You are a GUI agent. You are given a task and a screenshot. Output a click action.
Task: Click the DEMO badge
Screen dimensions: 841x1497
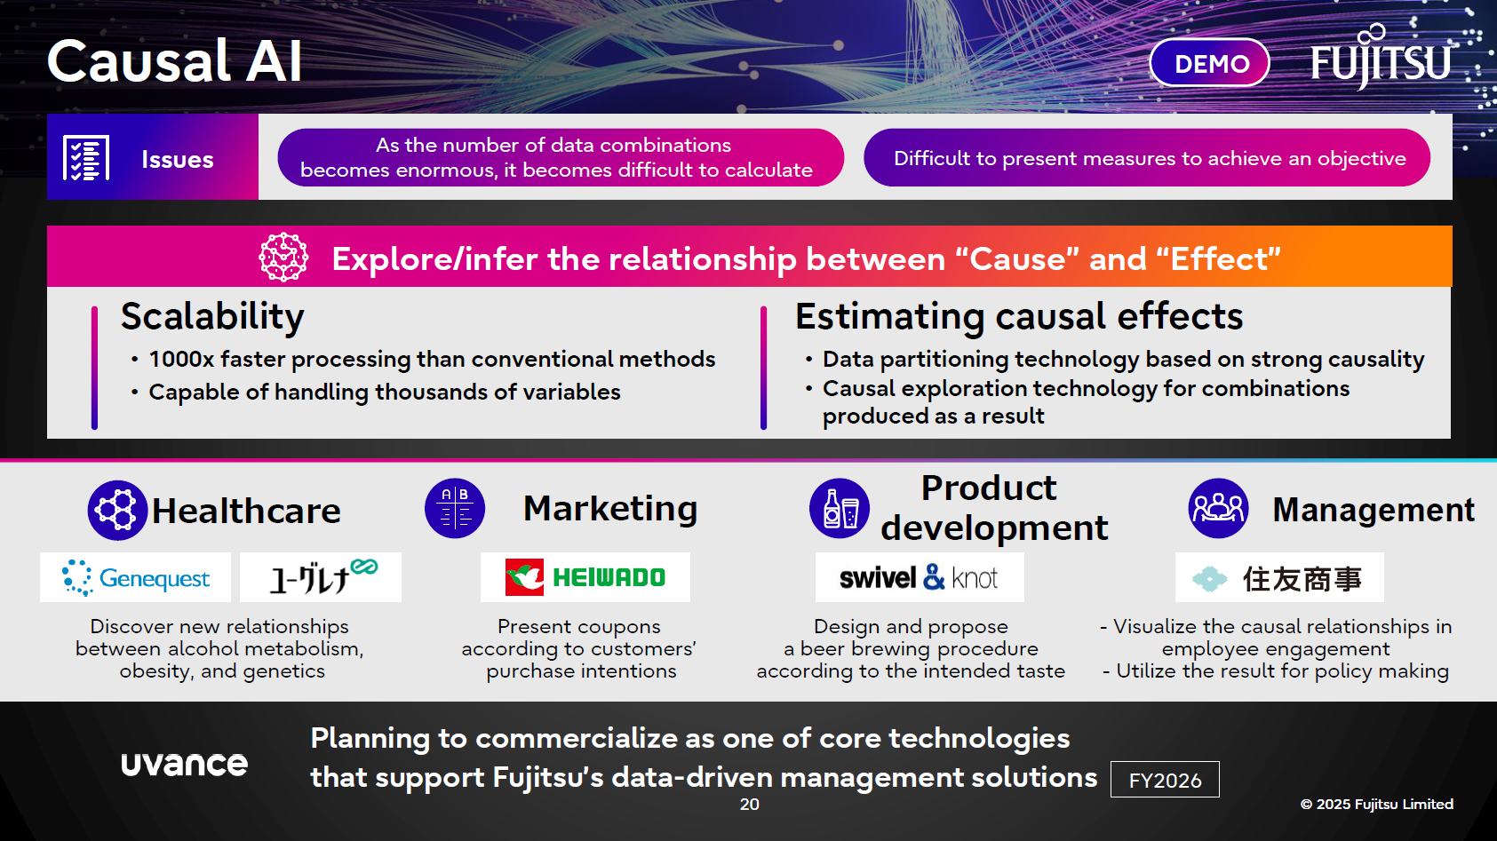1210,63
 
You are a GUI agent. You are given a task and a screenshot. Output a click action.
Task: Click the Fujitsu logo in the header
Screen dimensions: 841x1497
1382,60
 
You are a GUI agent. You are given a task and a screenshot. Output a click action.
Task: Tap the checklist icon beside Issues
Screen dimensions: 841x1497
86,158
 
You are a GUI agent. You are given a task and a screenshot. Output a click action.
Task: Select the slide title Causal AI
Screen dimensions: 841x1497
175,61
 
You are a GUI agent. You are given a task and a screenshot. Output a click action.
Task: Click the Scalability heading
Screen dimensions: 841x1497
212,316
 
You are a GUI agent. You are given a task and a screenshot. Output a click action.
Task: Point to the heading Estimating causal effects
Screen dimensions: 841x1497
1018,316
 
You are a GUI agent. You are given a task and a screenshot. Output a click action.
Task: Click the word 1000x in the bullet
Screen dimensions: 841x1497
181,359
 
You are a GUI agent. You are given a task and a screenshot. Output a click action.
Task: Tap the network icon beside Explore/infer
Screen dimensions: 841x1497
283,258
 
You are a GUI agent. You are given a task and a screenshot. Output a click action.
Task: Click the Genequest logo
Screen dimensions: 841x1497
136,577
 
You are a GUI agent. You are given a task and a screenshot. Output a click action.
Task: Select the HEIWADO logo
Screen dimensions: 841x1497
585,577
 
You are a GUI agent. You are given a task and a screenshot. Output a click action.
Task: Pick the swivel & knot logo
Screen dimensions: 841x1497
919,577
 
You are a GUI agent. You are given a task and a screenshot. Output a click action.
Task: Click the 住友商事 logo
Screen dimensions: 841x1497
1278,578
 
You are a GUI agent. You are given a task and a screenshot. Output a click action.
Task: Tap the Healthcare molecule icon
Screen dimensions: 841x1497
117,511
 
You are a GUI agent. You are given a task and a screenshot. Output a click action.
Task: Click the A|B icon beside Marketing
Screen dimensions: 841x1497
455,509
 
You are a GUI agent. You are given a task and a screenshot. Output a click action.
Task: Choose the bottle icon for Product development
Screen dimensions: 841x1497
840,509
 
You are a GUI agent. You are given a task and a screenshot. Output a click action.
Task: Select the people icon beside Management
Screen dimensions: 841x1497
1218,509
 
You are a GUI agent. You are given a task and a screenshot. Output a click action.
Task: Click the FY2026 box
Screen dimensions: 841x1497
1165,780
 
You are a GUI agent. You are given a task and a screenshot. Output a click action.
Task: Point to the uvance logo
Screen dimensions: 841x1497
184,763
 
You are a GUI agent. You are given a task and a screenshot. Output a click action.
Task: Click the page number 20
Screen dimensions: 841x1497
750,804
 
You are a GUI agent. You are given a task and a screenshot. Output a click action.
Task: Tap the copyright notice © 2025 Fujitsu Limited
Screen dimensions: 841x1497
1376,804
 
